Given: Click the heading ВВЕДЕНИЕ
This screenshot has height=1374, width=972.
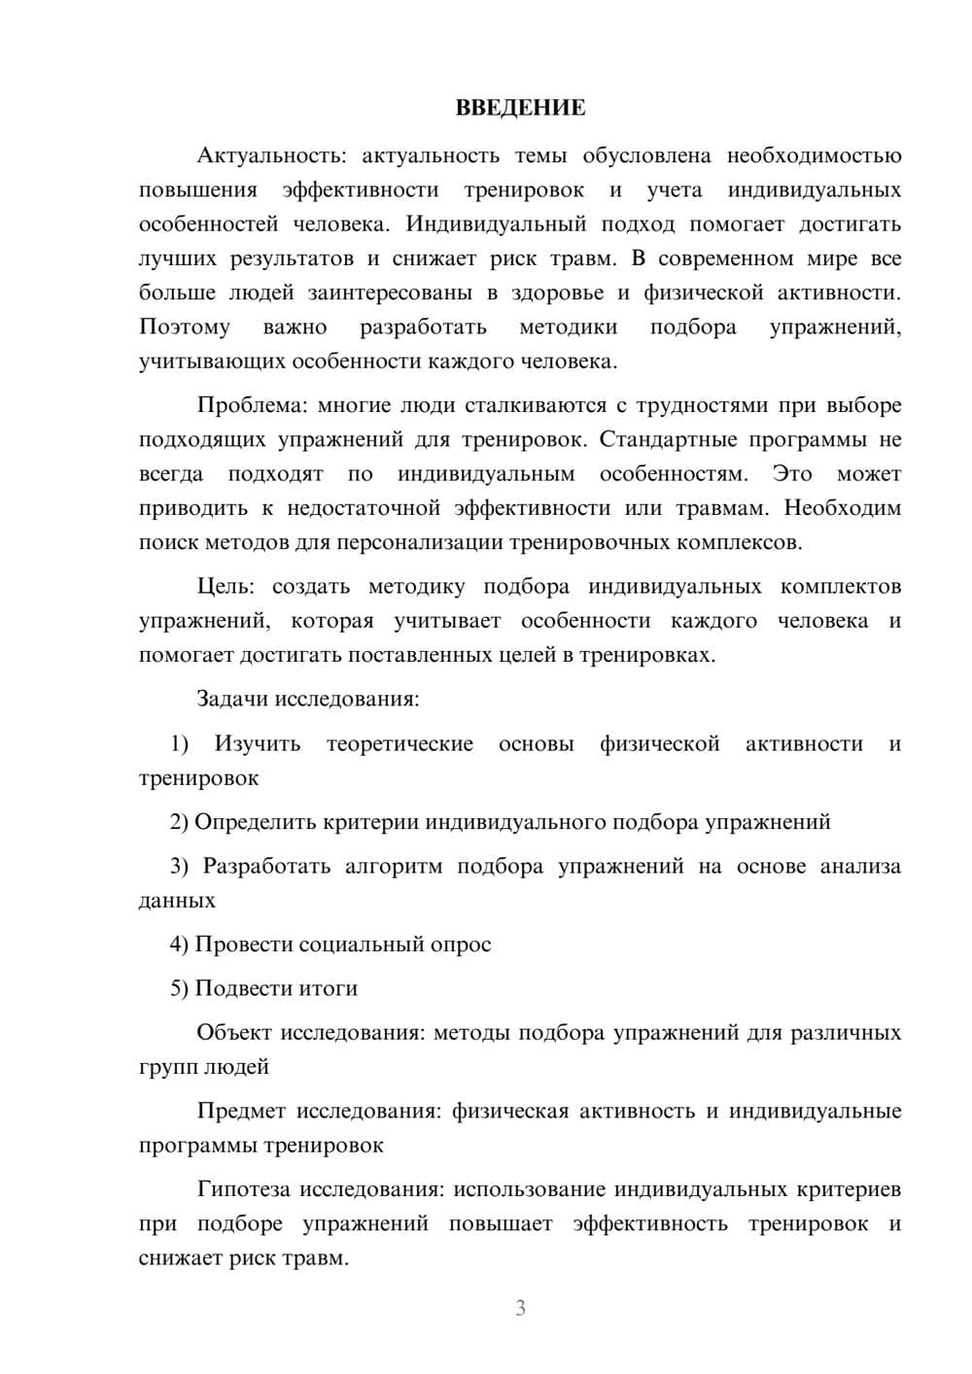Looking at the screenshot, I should [x=520, y=108].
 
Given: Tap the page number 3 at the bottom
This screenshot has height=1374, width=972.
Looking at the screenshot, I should [x=520, y=1308].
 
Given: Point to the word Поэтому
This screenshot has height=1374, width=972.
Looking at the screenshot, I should [x=185, y=327].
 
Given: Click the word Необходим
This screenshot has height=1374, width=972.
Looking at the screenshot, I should [x=842, y=508].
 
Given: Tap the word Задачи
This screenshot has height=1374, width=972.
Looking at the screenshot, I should [x=233, y=699].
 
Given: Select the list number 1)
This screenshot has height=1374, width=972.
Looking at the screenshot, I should [x=180, y=744].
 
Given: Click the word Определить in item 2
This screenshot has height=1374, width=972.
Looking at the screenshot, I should [x=251, y=822].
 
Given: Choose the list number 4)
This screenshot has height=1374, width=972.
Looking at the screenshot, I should [x=180, y=945].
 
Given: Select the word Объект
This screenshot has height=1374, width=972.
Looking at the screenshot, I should [x=234, y=1033].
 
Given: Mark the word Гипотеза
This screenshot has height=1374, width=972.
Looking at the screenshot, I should [x=244, y=1189].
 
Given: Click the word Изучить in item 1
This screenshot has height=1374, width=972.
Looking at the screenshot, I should [x=258, y=744].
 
